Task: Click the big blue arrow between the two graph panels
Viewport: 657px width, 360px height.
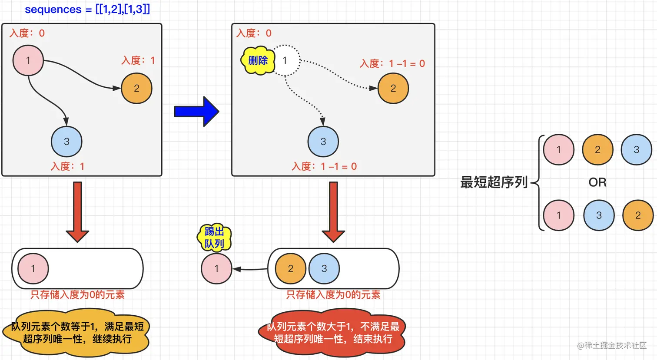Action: [x=196, y=112]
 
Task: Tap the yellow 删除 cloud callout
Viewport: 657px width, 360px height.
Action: [x=258, y=61]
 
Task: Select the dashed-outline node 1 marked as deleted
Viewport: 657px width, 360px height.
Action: [x=285, y=60]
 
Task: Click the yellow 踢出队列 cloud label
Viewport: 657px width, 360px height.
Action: [x=214, y=238]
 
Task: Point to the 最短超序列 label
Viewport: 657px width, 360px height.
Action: [x=494, y=182]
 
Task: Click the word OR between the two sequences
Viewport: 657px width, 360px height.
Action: [x=597, y=182]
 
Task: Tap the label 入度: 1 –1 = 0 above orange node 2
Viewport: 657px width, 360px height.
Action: [x=392, y=64]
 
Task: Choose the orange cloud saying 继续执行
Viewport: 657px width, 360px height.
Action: [x=77, y=333]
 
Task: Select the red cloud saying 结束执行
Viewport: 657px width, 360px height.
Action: [x=333, y=333]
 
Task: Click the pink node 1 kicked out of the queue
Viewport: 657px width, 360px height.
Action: [x=216, y=269]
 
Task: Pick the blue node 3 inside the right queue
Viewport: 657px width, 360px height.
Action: [x=324, y=269]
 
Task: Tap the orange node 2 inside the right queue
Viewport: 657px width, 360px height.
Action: [x=290, y=269]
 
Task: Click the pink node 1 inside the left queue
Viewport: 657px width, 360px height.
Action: [x=33, y=269]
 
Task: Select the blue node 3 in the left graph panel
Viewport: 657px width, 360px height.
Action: [x=66, y=142]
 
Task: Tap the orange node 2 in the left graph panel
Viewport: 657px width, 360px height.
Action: [x=136, y=89]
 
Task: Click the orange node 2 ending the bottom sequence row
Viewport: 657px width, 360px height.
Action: [x=637, y=215]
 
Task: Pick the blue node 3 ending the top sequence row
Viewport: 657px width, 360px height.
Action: [x=636, y=150]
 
